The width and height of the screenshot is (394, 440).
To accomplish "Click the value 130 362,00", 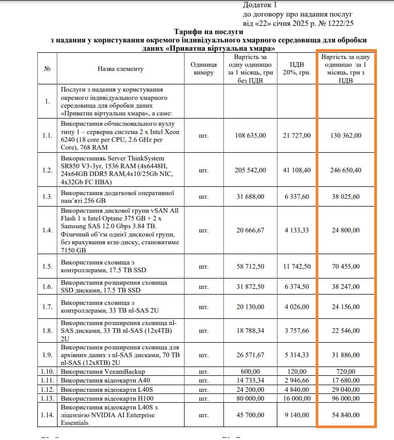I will (x=346, y=136).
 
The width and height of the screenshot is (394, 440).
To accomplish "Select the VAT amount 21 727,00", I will (x=297, y=136).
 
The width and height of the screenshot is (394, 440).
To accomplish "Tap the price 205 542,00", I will (x=250, y=170).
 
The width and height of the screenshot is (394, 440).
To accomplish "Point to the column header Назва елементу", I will (x=120, y=69).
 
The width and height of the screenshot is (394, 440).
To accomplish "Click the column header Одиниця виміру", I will (x=203, y=69).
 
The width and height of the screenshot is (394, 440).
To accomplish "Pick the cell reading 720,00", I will (x=346, y=372).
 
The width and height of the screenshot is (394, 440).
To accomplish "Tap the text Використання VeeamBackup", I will (x=103, y=372).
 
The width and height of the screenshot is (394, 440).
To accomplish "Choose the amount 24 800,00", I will (x=346, y=230).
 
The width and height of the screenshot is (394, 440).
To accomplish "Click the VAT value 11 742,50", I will (x=297, y=267).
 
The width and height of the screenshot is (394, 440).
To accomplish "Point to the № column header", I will (x=48, y=69).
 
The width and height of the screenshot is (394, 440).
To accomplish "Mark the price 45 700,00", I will (x=250, y=415).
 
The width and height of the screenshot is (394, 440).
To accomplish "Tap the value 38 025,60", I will (x=346, y=196).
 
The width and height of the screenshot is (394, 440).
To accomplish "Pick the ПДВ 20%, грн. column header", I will (x=297, y=69).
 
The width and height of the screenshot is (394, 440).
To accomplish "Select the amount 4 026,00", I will (x=297, y=307).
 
